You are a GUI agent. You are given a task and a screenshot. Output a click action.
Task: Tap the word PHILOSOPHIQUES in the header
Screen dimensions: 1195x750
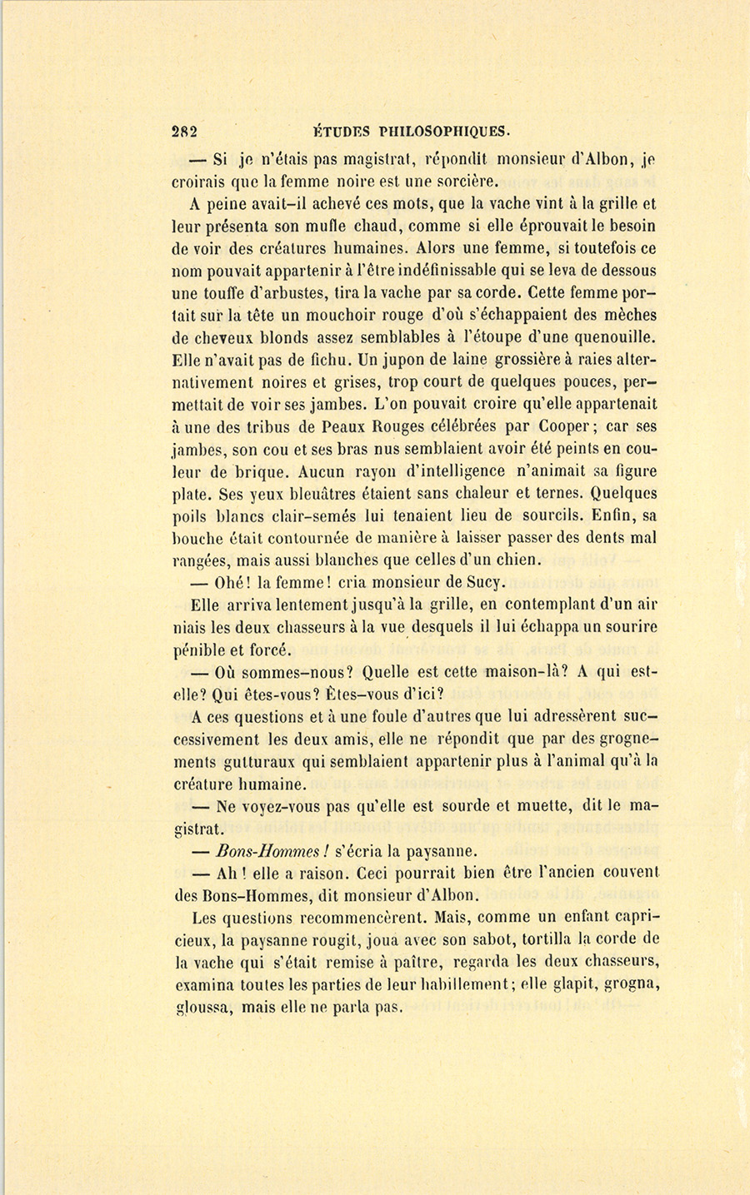click(443, 131)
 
